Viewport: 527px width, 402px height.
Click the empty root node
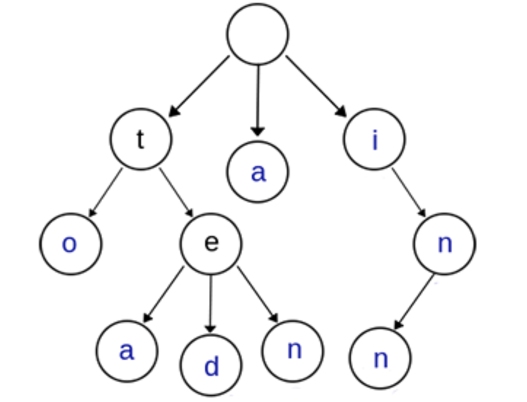point(258,34)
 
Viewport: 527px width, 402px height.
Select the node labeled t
point(141,139)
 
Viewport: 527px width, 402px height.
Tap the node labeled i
point(374,139)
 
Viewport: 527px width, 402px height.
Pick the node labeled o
point(71,244)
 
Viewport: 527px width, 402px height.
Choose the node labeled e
point(211,244)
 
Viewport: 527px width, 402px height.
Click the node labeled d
point(211,365)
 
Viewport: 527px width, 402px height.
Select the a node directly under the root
point(258,172)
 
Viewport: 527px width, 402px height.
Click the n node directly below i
point(444,244)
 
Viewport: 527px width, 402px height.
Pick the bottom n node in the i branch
point(381,358)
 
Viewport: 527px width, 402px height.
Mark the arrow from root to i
point(316,86)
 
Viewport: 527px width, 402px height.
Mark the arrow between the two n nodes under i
point(414,301)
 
